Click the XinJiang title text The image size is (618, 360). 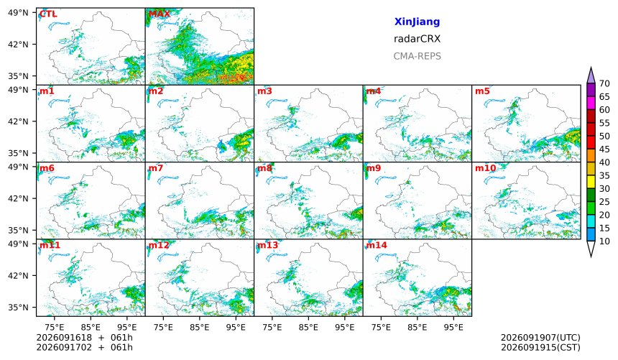(x=417, y=22)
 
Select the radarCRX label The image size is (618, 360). (x=417, y=39)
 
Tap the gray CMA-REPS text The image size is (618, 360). (x=417, y=56)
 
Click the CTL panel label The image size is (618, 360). (x=48, y=14)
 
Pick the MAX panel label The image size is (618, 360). (x=160, y=14)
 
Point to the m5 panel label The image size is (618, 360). (x=482, y=91)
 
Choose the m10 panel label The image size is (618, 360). (x=485, y=168)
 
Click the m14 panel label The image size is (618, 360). (x=377, y=245)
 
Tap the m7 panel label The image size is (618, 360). (x=156, y=168)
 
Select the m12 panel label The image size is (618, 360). (x=159, y=245)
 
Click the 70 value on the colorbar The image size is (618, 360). (x=604, y=83)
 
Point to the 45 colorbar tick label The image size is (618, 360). (x=604, y=149)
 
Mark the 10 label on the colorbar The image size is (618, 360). (x=604, y=241)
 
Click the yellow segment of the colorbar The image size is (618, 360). (x=591, y=183)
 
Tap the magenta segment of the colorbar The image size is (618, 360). (x=591, y=103)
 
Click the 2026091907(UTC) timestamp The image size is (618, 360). (x=540, y=338)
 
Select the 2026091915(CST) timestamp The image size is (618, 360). (x=540, y=348)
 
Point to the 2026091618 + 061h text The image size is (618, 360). (x=84, y=338)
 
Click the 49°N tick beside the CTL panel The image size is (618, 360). (x=18, y=13)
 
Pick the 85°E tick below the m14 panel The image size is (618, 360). (x=417, y=327)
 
